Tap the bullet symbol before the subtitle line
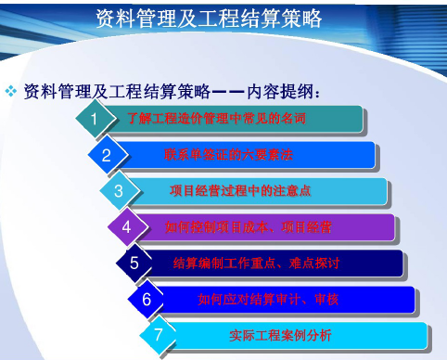[x=11, y=90]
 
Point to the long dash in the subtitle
[x=229, y=91]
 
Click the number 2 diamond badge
[x=107, y=155]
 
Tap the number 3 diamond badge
[x=119, y=191]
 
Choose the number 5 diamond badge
[x=134, y=263]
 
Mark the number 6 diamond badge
[x=147, y=299]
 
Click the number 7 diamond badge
[x=159, y=334]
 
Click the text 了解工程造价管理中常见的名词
[x=216, y=119]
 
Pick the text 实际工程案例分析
[x=280, y=334]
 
